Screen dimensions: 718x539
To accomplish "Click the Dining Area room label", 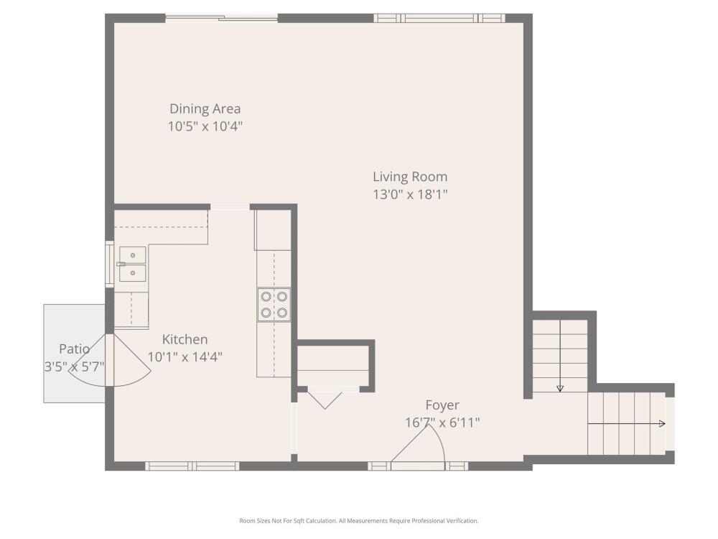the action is click(x=205, y=109).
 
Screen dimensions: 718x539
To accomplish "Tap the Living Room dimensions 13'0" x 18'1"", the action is click(x=410, y=194).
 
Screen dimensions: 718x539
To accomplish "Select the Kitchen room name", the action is click(x=185, y=340).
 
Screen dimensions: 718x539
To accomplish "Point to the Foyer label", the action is click(x=442, y=405).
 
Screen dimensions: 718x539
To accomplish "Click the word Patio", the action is click(x=74, y=349).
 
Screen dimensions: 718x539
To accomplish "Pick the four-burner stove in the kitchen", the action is click(x=274, y=304).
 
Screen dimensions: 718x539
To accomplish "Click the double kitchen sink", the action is click(x=132, y=264).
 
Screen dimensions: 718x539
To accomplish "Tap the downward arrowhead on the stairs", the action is click(x=560, y=389).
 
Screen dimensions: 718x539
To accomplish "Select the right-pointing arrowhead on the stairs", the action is click(x=662, y=424).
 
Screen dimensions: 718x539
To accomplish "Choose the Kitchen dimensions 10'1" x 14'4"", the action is click(x=185, y=357).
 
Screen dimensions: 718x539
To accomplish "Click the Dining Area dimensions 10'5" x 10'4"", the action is click(x=205, y=126).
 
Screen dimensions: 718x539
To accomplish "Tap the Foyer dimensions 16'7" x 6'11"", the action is click(x=442, y=423).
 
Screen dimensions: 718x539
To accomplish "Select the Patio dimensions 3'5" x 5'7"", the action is click(x=74, y=367).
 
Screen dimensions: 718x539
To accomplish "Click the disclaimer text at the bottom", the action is click(x=359, y=520).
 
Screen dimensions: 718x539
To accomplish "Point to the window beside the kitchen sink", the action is click(x=109, y=264).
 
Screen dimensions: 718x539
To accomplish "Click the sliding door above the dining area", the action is click(x=222, y=19).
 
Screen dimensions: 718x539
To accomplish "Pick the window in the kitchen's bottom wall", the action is click(x=192, y=466).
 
